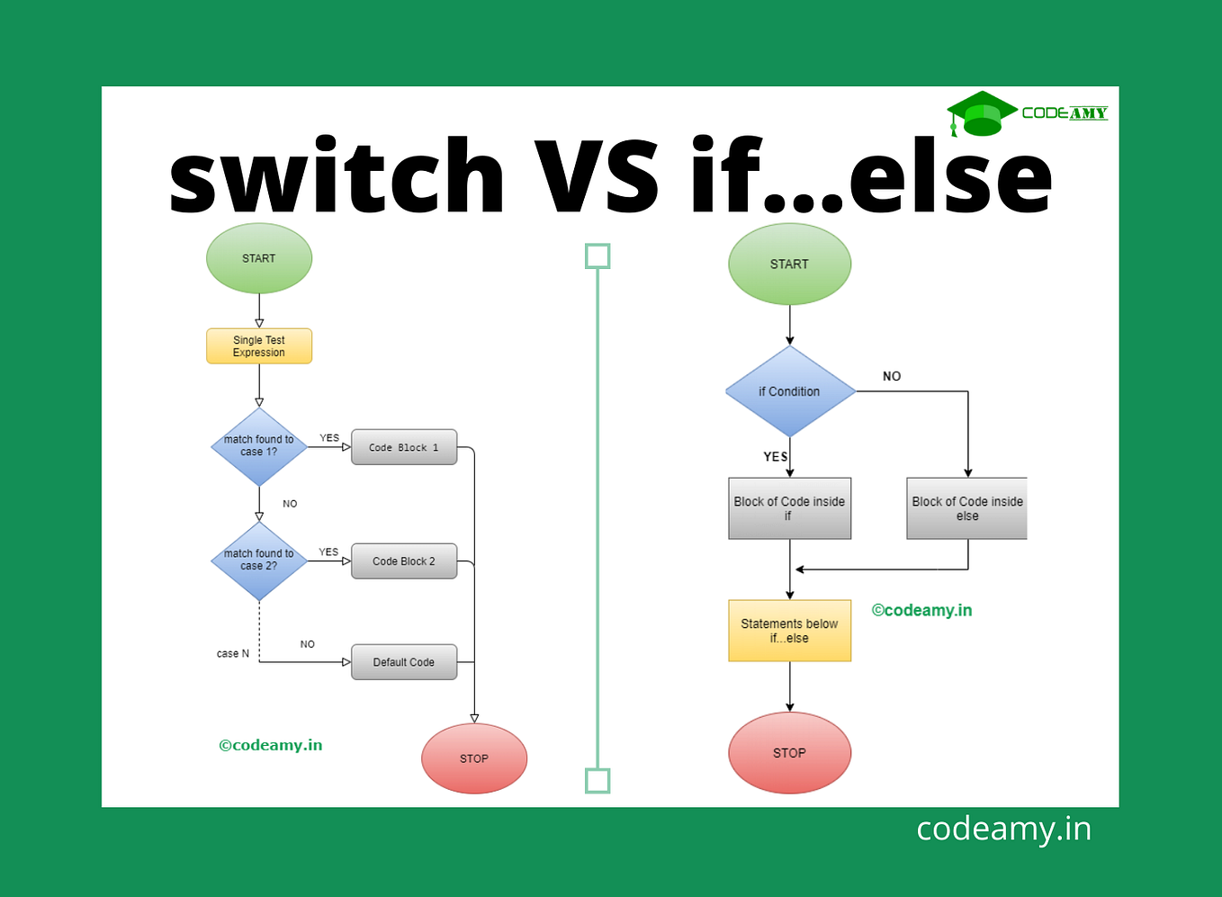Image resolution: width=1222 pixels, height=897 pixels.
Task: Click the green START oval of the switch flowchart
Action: tap(259, 258)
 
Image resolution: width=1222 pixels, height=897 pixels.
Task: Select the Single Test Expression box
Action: tap(259, 346)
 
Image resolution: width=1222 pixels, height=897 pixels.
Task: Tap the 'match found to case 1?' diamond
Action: tap(259, 446)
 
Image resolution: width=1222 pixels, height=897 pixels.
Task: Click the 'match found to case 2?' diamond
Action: tap(259, 561)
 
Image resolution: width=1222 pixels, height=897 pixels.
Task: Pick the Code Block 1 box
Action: tap(404, 447)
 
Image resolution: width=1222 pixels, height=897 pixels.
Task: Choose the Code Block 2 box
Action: tap(404, 561)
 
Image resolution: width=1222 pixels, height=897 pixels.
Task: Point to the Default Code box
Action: tap(404, 662)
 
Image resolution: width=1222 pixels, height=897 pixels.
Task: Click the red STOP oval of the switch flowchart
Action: tap(474, 758)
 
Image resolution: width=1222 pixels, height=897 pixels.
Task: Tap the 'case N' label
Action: tap(232, 654)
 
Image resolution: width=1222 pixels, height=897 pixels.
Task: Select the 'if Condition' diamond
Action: tap(789, 391)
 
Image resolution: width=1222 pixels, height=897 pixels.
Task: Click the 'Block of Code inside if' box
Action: tap(789, 508)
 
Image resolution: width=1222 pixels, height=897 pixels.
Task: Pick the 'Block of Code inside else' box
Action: tap(966, 508)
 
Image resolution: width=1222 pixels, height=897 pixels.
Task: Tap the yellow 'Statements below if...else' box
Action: tap(789, 631)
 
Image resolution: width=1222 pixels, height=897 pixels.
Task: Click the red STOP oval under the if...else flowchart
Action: tap(789, 753)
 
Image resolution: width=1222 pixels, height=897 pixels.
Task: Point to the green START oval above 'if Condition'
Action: tap(789, 264)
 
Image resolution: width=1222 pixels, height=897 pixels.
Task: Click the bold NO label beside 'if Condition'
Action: tap(892, 376)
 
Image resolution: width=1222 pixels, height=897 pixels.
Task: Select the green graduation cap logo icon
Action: tap(981, 113)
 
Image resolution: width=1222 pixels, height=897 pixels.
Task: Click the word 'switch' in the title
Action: tap(337, 176)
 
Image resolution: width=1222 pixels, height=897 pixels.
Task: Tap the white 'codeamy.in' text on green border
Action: tap(1003, 829)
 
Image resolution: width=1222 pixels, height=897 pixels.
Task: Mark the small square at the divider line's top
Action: tap(598, 256)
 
